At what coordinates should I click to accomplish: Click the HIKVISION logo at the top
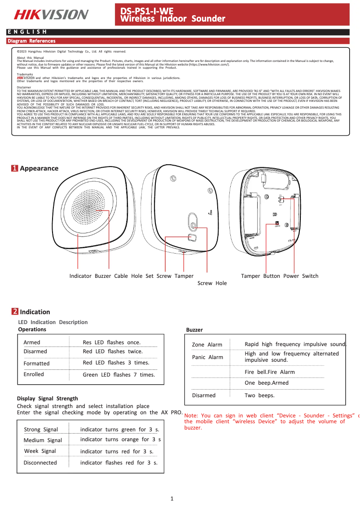51,15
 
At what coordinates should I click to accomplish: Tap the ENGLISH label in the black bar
27,32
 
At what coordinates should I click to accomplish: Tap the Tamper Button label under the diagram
260,276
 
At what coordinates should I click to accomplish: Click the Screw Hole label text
212,283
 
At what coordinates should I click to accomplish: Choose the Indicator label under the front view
80,276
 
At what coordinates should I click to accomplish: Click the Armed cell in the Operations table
32,342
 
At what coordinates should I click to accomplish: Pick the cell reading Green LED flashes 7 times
119,374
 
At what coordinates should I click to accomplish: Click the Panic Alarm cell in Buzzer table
207,357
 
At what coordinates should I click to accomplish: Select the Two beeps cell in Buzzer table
259,395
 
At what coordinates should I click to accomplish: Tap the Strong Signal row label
41,430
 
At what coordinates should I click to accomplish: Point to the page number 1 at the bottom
172,499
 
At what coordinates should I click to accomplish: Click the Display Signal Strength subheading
47,398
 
